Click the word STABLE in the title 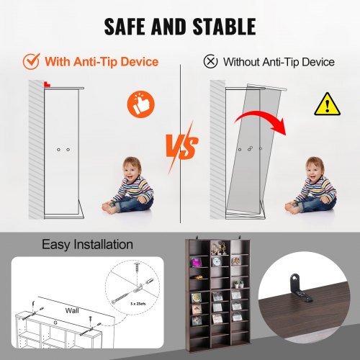point(224,27)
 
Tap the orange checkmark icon point(31,61)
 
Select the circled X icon point(210,61)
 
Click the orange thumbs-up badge point(140,104)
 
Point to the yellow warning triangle point(327,104)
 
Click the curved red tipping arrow point(261,120)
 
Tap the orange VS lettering point(183,146)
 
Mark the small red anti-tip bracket point(47,84)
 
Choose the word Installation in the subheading point(104,245)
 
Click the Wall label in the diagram point(72,311)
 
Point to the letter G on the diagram point(55,323)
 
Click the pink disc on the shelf point(197,261)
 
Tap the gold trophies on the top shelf point(219,248)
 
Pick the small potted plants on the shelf point(238,284)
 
